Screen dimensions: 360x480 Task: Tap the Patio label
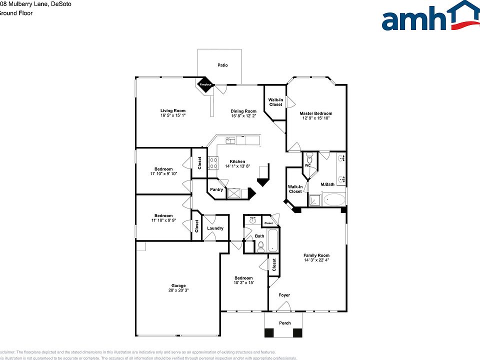coord(222,65)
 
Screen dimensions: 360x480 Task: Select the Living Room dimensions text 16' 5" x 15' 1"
coord(173,115)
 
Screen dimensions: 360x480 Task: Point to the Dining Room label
coord(243,111)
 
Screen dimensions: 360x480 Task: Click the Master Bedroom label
coord(316,113)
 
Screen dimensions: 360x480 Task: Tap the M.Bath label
coord(327,184)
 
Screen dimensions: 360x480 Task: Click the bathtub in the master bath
coord(334,201)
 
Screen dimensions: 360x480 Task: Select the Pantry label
coord(216,189)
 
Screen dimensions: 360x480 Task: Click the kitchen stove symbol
coord(213,162)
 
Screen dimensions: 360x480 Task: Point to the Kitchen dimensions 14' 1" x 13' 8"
coord(237,166)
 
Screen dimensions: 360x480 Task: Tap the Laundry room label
coord(215,228)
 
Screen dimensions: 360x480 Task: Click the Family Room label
coord(316,255)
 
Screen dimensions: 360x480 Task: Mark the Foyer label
coord(284,295)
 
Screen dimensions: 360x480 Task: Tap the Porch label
coord(284,323)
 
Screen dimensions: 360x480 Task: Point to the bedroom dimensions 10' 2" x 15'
coord(244,283)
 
